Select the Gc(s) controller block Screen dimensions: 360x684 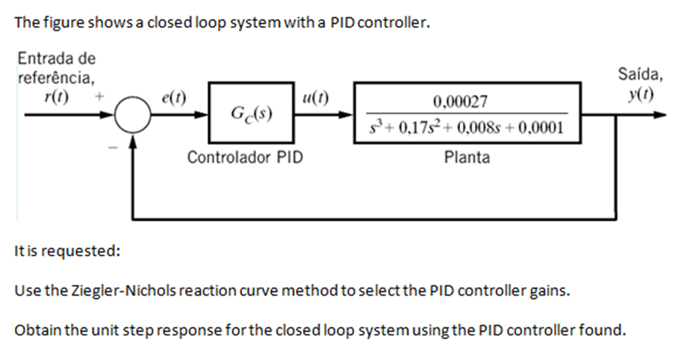click(x=250, y=116)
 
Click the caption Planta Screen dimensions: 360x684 click(x=467, y=158)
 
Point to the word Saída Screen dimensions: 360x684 click(x=638, y=75)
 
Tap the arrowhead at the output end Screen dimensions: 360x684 click(x=659, y=117)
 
